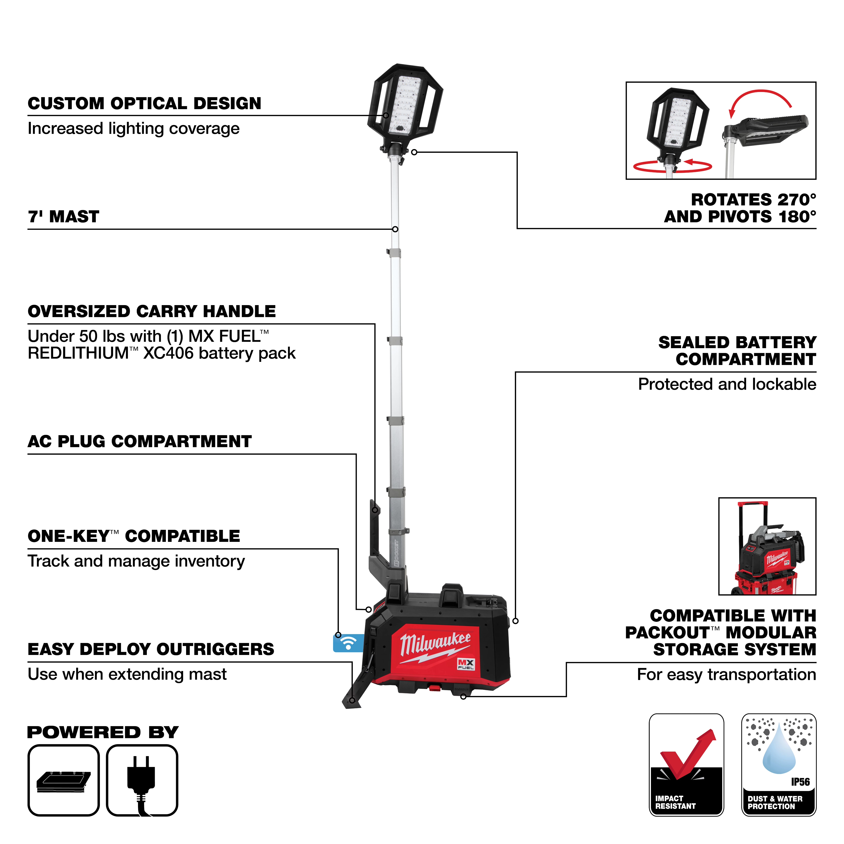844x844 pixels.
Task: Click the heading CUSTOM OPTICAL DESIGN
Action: point(144,104)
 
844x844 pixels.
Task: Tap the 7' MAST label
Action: point(64,217)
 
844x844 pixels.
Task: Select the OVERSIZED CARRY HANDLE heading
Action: point(151,311)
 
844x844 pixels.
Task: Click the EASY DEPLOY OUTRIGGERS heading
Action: point(151,649)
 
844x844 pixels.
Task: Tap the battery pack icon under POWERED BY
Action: point(64,780)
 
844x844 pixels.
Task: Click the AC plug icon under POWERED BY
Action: point(142,780)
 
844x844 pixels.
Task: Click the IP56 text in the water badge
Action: point(800,782)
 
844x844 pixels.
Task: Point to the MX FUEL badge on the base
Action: point(466,664)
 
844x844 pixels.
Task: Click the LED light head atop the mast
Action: point(405,105)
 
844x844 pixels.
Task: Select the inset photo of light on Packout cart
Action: point(767,546)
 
